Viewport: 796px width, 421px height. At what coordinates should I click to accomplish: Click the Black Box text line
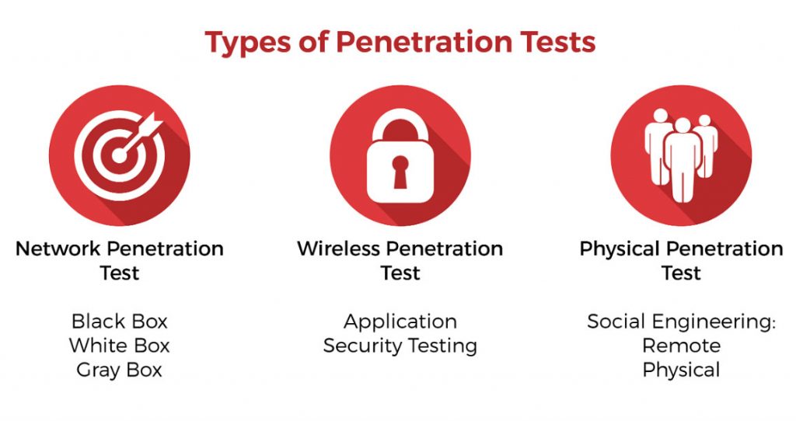pos(119,322)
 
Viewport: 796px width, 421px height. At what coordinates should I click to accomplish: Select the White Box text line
pos(119,346)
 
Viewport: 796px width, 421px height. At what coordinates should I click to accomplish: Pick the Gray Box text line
pos(119,370)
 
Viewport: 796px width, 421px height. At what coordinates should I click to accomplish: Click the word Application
pos(400,322)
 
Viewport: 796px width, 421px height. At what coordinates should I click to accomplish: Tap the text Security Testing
pos(400,346)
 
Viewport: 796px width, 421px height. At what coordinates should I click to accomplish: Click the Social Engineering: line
pos(681,322)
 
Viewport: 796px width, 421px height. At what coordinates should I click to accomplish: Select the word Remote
pos(681,346)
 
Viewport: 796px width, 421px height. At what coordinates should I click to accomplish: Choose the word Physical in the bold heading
pos(620,249)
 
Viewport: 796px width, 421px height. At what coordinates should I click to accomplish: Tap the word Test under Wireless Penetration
pos(400,273)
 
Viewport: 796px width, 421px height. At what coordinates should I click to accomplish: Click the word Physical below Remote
pos(681,370)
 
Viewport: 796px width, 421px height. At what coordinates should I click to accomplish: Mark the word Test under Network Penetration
pos(119,273)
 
